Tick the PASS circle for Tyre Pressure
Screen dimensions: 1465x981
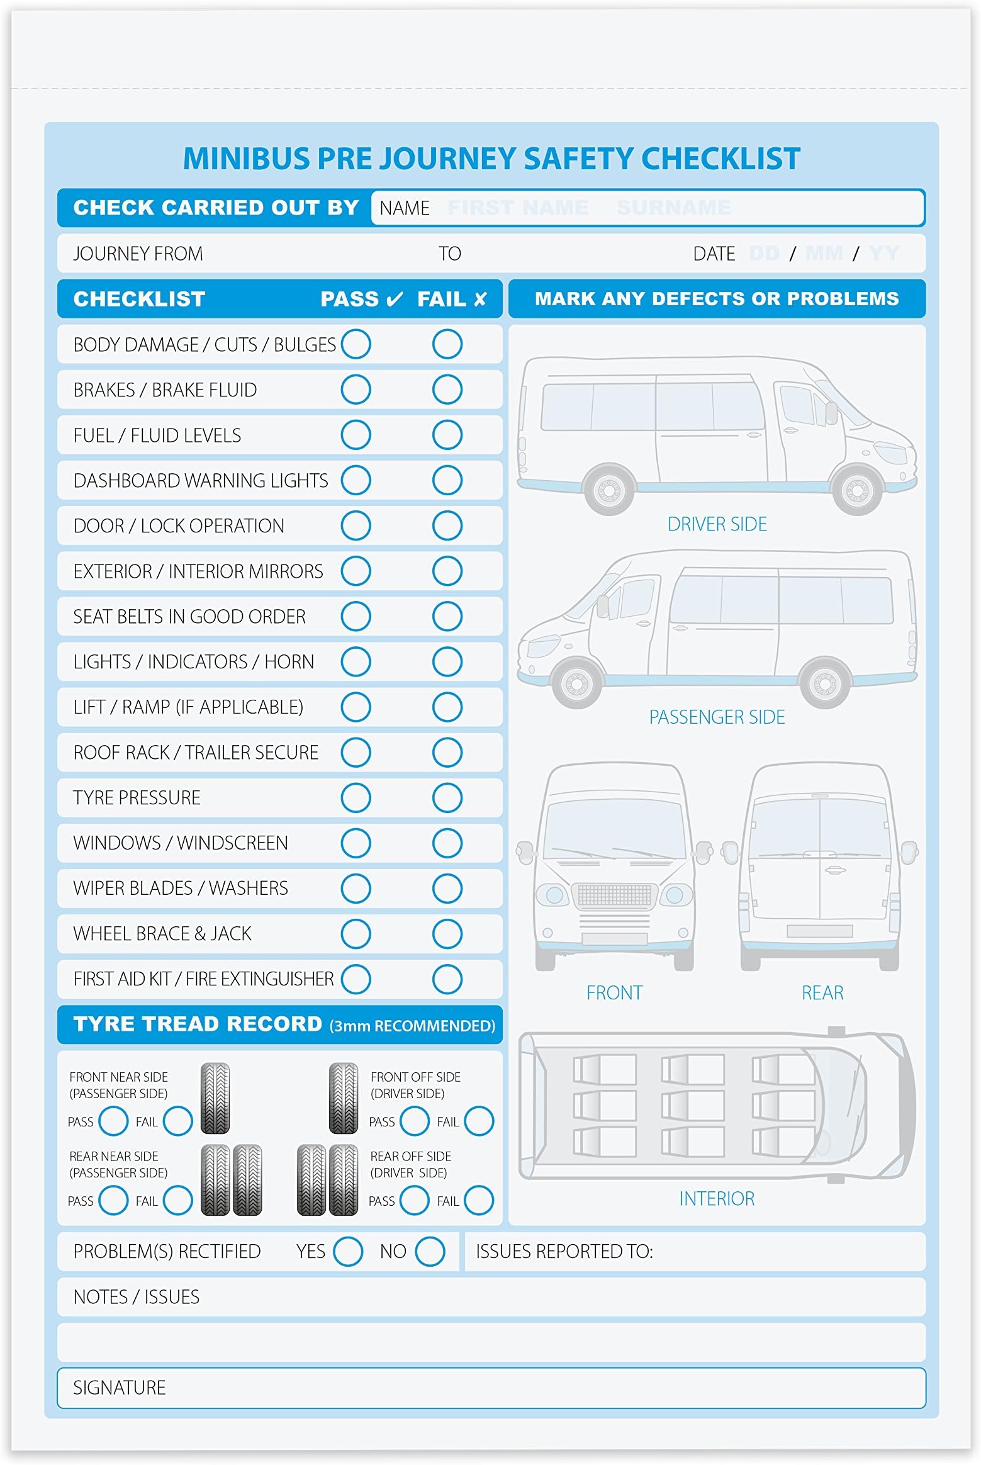pyautogui.click(x=356, y=797)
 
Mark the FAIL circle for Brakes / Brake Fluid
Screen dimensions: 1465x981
pyautogui.click(x=447, y=390)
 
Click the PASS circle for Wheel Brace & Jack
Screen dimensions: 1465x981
pyautogui.click(x=356, y=933)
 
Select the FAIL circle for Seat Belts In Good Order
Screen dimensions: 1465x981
pyautogui.click(x=447, y=616)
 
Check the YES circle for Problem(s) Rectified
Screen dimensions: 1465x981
pyautogui.click(x=348, y=1251)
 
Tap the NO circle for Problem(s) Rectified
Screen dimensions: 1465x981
pyautogui.click(x=430, y=1251)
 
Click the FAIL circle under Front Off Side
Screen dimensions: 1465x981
pyautogui.click(x=479, y=1121)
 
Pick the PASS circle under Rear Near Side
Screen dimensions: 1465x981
pyautogui.click(x=113, y=1200)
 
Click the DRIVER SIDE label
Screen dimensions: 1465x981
pyautogui.click(x=717, y=524)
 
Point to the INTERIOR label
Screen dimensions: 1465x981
pyautogui.click(x=716, y=1199)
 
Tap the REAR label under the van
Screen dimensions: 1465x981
pyautogui.click(x=822, y=993)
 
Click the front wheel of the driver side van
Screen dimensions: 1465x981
pyautogui.click(x=857, y=489)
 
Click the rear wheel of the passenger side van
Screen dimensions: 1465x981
pyautogui.click(x=824, y=682)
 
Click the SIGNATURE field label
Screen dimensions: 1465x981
pyautogui.click(x=119, y=1388)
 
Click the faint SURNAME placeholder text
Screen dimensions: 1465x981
pyautogui.click(x=673, y=208)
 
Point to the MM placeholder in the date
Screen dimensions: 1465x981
pyautogui.click(x=824, y=254)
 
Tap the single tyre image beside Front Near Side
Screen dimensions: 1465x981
pyautogui.click(x=215, y=1098)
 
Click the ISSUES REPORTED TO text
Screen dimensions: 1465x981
pyautogui.click(x=564, y=1251)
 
